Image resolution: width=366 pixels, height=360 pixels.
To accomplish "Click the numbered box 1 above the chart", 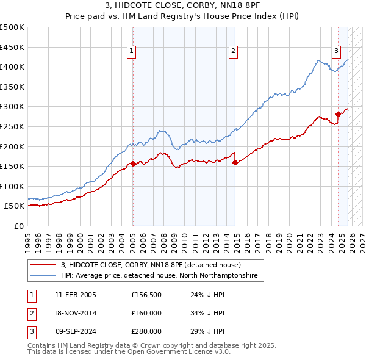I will tap(132, 52).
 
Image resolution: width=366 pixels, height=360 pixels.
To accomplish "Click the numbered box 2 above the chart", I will tap(234, 52).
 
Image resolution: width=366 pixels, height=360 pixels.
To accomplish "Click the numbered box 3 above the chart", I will tap(336, 52).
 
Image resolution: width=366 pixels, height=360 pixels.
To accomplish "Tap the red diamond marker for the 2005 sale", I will tap(133, 164).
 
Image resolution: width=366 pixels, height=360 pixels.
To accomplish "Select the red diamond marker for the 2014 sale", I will tap(235, 162).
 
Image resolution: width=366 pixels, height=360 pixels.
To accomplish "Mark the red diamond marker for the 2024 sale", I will tap(338, 114).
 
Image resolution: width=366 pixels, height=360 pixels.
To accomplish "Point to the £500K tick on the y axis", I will tap(12, 27).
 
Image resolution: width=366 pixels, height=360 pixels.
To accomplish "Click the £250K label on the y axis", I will tap(12, 126).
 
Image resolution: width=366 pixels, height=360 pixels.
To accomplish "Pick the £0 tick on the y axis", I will tap(20, 226).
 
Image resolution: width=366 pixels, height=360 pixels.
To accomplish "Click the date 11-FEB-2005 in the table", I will tap(75, 295).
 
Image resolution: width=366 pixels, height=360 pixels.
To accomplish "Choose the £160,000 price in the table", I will tap(146, 313).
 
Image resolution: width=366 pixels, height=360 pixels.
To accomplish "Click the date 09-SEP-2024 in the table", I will tap(76, 331).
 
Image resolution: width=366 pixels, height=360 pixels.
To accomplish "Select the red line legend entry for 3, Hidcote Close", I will tap(151, 265).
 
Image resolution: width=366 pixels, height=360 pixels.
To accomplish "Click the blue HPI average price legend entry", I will tap(159, 276).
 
